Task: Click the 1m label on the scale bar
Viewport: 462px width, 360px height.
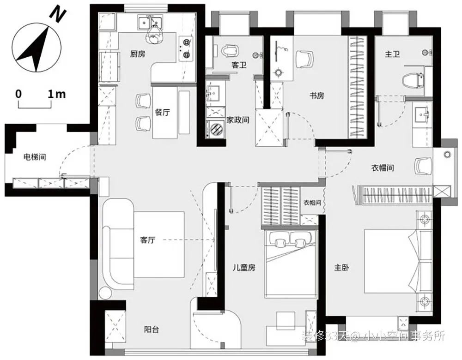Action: [56, 94]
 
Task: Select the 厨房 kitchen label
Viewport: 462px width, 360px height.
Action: [138, 54]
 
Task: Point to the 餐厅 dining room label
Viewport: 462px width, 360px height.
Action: [162, 112]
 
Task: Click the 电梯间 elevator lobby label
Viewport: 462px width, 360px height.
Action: [35, 157]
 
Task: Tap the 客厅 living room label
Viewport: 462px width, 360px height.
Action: [148, 240]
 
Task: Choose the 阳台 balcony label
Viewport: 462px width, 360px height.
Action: [152, 330]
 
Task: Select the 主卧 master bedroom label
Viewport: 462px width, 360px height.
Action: [341, 268]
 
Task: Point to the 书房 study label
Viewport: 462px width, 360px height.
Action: [317, 96]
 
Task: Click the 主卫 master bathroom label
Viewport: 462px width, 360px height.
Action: [392, 54]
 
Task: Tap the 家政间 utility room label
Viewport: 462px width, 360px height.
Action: [238, 120]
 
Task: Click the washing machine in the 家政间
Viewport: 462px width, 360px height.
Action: [216, 129]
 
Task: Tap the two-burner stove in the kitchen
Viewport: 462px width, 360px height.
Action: [186, 48]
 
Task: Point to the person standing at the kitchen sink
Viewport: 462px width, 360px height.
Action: [153, 35]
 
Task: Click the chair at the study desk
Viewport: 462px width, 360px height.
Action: [304, 59]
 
